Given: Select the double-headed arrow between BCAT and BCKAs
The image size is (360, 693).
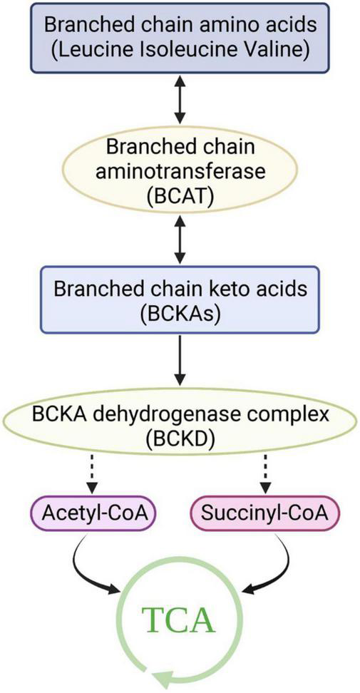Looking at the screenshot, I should (x=180, y=244).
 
